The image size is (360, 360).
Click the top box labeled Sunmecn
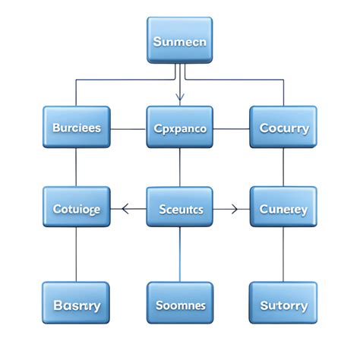[179, 40]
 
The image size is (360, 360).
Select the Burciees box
[76, 127]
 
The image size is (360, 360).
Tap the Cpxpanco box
[179, 127]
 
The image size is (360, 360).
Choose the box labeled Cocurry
[283, 127]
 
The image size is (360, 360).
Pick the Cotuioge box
[76, 207]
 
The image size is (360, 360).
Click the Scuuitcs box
[179, 207]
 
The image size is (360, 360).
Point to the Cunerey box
[283, 207]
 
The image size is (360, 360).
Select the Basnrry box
[76, 304]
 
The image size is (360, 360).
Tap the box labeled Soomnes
[179, 304]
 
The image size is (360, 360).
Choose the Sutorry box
[283, 304]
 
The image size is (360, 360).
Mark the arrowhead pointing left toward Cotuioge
[126, 207]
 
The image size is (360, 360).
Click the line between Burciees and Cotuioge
[76, 167]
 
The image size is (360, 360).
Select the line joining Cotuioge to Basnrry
[76, 254]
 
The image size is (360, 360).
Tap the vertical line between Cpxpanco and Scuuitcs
[179, 167]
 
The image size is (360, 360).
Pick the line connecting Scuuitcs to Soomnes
[179, 254]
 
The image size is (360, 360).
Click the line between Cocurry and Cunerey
[283, 167]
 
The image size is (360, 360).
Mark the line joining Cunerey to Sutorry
[283, 254]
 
